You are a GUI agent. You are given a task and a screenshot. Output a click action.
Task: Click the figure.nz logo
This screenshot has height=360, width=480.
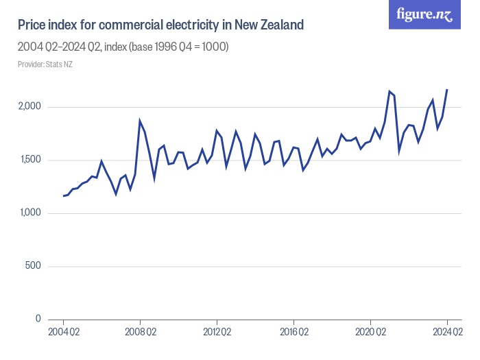(x=424, y=14)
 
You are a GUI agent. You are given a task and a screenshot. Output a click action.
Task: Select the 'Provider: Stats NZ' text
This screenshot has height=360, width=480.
(x=45, y=64)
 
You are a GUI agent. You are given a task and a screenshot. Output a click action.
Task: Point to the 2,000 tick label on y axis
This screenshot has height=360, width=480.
(x=30, y=107)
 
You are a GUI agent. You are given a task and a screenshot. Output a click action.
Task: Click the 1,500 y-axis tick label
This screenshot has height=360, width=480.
(x=31, y=160)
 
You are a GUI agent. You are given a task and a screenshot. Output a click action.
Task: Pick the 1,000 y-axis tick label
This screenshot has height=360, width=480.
(x=31, y=213)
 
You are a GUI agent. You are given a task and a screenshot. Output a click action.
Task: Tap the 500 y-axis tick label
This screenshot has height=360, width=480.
(x=35, y=266)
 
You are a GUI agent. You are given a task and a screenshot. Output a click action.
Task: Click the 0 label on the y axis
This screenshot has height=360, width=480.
(x=39, y=319)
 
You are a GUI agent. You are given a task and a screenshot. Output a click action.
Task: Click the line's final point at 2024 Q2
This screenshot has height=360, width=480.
(x=447, y=90)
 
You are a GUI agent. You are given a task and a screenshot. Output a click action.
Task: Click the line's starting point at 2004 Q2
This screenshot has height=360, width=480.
(x=63, y=196)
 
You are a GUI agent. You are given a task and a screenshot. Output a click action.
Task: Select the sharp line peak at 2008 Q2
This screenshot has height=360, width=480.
(x=140, y=121)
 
